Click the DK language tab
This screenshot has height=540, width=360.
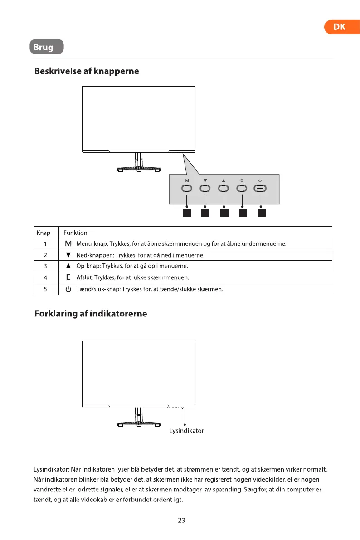click(x=339, y=27)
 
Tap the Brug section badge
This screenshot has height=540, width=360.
click(x=46, y=47)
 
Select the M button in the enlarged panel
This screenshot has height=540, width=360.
click(x=187, y=190)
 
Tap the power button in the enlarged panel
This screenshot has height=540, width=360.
click(x=260, y=190)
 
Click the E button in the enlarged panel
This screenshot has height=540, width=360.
click(x=242, y=190)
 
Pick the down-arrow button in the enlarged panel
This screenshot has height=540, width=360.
click(x=205, y=190)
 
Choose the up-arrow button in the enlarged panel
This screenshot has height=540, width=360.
click(x=224, y=190)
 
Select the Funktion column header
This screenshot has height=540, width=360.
click(x=75, y=233)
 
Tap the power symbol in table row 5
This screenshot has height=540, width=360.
click(x=68, y=289)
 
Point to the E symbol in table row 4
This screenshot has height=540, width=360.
click(x=68, y=277)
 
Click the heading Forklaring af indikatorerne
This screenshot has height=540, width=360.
click(x=91, y=314)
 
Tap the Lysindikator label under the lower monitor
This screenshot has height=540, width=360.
click(x=186, y=431)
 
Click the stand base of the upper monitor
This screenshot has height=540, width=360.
click(x=139, y=170)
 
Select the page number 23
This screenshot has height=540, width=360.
click(x=181, y=521)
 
